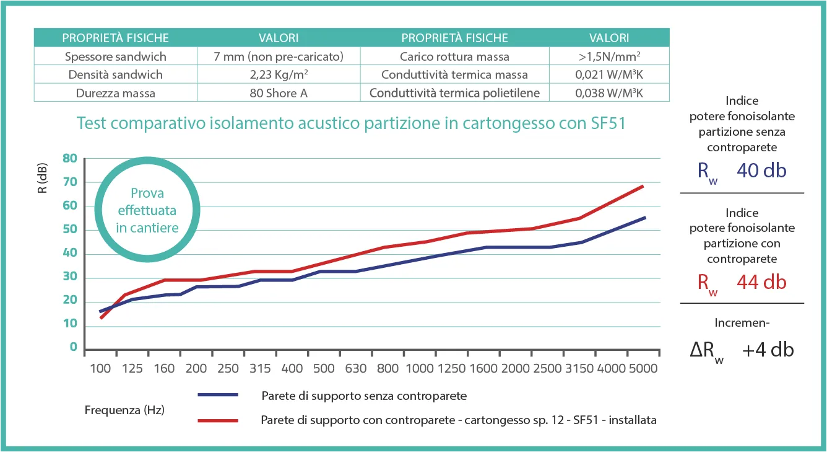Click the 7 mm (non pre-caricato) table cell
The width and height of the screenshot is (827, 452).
pos(278,56)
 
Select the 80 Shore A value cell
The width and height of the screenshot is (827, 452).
pos(278,94)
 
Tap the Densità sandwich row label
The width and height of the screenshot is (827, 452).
pos(116,75)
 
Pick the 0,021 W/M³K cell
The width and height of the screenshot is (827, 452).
pos(609,75)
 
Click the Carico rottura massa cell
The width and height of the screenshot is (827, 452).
pos(454,56)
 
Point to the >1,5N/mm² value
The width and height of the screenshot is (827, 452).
pos(609,56)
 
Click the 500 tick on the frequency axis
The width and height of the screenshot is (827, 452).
pos(324,368)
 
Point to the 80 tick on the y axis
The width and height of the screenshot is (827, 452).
pos(70,159)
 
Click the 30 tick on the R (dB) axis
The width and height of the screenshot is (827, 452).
pos(70,277)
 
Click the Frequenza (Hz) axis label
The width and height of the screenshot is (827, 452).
pos(124,410)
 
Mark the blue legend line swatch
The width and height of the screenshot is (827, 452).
pos(218,395)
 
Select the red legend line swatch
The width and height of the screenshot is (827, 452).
pos(218,420)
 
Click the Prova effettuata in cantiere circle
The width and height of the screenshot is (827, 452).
pos(147,211)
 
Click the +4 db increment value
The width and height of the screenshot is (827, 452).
pos(768,350)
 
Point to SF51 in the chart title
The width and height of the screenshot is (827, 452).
pos(604,123)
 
